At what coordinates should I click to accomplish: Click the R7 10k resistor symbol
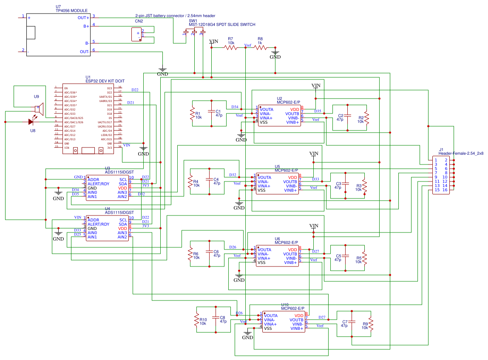(231, 48)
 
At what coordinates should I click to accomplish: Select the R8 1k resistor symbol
(260, 48)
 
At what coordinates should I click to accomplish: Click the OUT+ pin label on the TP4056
(83, 18)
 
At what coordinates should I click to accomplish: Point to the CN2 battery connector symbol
(136, 34)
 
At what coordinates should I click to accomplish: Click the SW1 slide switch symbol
(194, 31)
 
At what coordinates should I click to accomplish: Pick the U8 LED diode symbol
(31, 122)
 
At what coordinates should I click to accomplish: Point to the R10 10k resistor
(197, 320)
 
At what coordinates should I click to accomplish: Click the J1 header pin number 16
(445, 190)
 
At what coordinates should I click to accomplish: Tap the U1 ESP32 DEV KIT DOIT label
(105, 81)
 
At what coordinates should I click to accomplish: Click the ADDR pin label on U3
(93, 179)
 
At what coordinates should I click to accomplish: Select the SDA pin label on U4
(123, 224)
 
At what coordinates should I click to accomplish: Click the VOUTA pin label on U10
(270, 316)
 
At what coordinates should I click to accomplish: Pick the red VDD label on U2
(295, 110)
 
